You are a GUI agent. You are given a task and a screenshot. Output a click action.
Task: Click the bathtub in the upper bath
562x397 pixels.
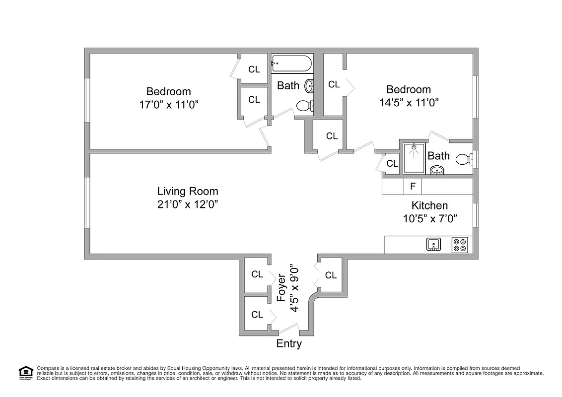coord(291,64)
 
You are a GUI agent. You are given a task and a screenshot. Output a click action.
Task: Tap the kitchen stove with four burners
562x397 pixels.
coord(459,245)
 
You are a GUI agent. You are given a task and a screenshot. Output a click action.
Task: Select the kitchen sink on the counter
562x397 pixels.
coord(433,245)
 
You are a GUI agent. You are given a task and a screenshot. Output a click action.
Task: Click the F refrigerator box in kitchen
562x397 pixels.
coord(412,187)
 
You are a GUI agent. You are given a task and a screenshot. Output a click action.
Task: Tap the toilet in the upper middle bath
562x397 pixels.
coord(303,105)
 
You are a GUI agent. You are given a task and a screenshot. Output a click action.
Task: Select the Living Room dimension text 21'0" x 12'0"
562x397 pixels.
coord(188,204)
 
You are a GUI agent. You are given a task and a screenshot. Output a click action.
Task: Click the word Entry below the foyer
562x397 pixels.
coord(289,343)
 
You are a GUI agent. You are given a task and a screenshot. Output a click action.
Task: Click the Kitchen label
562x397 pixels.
coord(429,205)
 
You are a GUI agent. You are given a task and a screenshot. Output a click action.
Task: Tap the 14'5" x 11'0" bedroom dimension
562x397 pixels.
coord(409,102)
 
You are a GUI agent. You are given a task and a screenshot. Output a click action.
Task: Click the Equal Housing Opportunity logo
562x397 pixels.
coord(25,373)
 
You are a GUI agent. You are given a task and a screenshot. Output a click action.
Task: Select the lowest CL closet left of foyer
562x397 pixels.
coord(257,314)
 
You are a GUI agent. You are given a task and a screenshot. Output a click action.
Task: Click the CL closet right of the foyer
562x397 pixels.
coord(331,275)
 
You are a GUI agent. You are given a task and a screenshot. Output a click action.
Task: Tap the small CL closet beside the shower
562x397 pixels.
coord(392,163)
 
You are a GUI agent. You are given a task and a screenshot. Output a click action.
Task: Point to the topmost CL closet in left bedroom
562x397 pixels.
coord(254,69)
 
